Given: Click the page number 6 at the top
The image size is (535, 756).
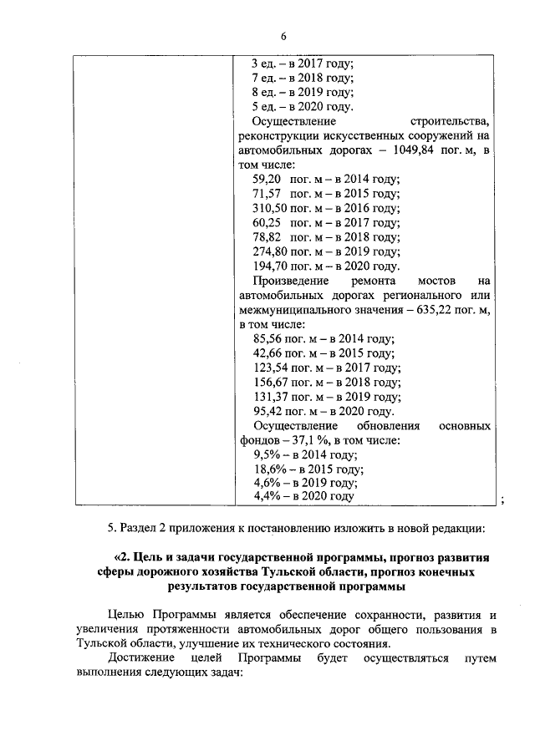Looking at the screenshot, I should [283, 37].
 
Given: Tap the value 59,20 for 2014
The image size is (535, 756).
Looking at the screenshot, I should [267, 179].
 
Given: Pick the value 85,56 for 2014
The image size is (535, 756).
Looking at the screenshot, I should [267, 339].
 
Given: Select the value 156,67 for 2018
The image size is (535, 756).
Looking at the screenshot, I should [270, 383].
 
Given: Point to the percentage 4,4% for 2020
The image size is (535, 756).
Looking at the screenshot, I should [266, 496].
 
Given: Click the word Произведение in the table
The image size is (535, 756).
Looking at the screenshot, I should [290, 281].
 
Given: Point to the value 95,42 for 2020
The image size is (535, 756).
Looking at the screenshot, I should [267, 411].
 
